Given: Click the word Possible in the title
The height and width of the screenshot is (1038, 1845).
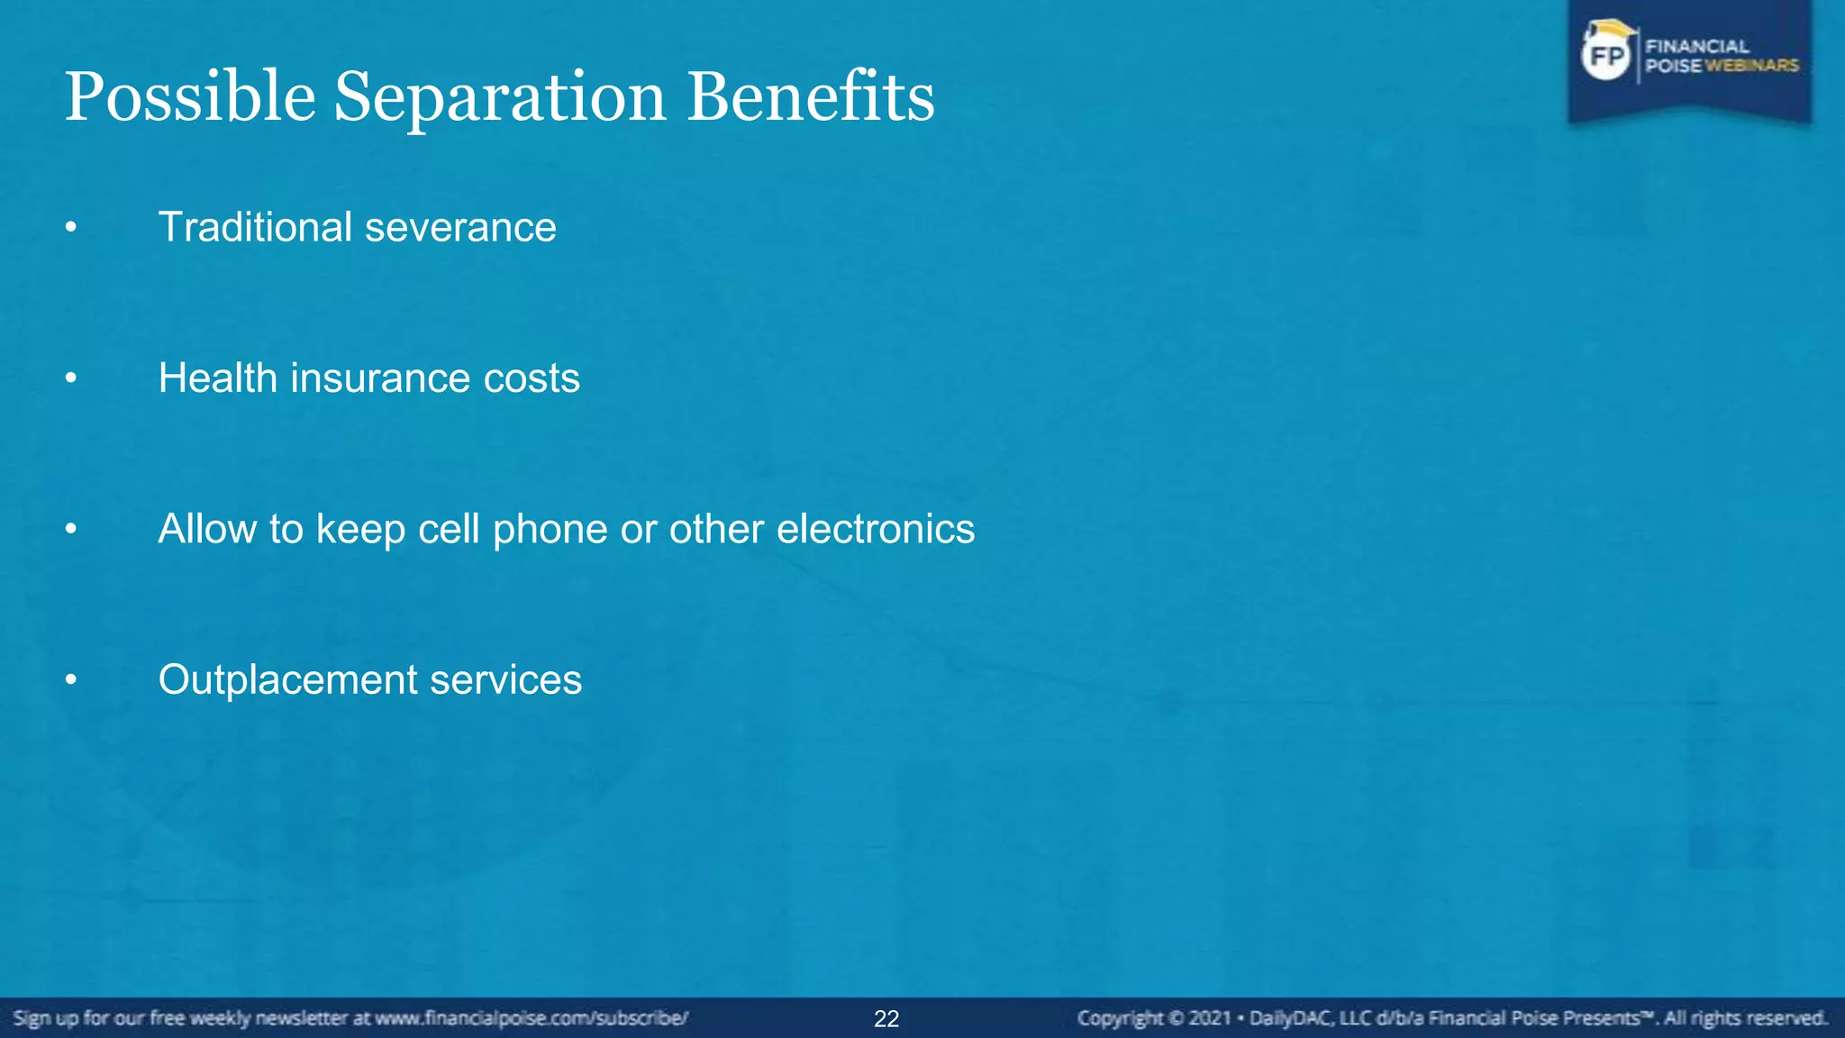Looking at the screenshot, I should pos(190,97).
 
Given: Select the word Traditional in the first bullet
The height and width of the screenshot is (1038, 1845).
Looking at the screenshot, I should pos(255,227).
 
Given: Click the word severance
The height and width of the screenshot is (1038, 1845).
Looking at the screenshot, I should pos(460,228).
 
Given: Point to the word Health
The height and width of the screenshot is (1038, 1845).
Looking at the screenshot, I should pos(217,378).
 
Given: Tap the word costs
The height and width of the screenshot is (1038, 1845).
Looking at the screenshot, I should pos(532,378).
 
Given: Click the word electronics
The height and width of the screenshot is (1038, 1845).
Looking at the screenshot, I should pos(875,529).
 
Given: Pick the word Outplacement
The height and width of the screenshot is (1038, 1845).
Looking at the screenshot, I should pos(287,680).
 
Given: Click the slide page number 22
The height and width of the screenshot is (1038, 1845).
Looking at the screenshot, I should pos(886,1019).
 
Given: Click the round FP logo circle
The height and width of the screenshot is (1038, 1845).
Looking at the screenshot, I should pos(1606,56).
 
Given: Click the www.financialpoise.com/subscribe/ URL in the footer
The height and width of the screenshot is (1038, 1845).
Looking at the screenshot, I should pos(532,1019).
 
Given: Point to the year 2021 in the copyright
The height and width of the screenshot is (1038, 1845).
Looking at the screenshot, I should pos(1209,1019).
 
